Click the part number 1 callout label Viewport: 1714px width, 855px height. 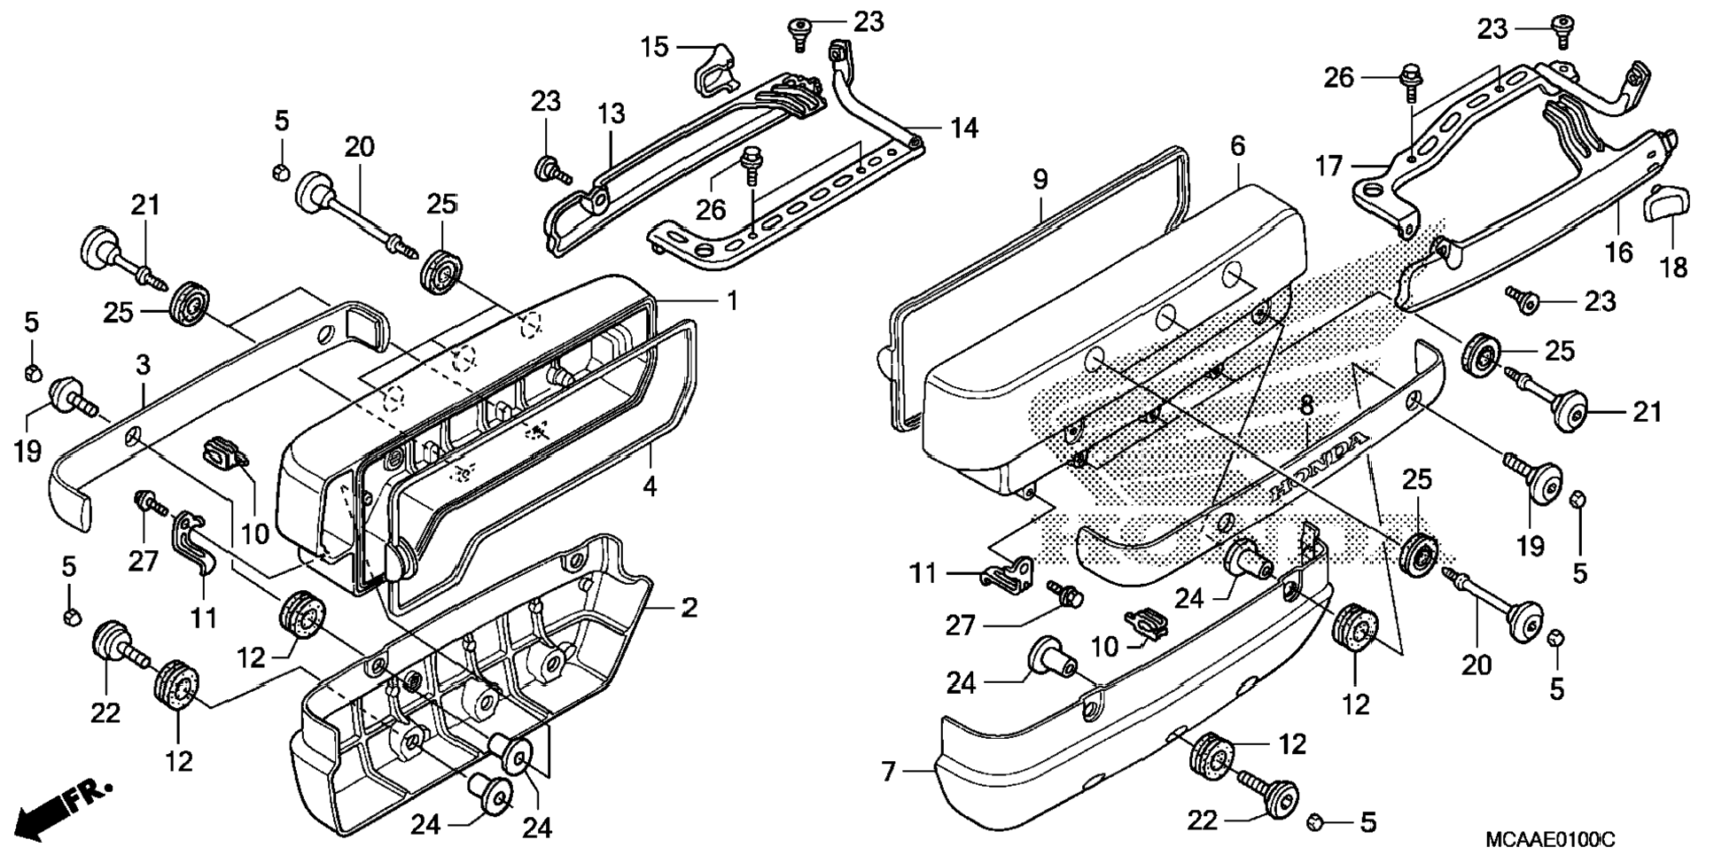(732, 301)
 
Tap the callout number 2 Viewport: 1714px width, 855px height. (689, 608)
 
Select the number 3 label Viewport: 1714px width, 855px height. (143, 365)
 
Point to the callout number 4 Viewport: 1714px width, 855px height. (650, 486)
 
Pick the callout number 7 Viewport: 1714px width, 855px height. (889, 772)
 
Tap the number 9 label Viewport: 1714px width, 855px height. (1040, 180)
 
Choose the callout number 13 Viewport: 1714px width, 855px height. (611, 114)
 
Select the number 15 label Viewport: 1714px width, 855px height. (654, 47)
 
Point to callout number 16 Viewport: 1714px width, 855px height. (1618, 253)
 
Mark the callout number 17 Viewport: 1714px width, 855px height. (1328, 166)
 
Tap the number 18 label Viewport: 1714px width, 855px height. (1673, 267)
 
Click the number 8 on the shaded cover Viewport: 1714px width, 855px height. (1305, 407)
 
